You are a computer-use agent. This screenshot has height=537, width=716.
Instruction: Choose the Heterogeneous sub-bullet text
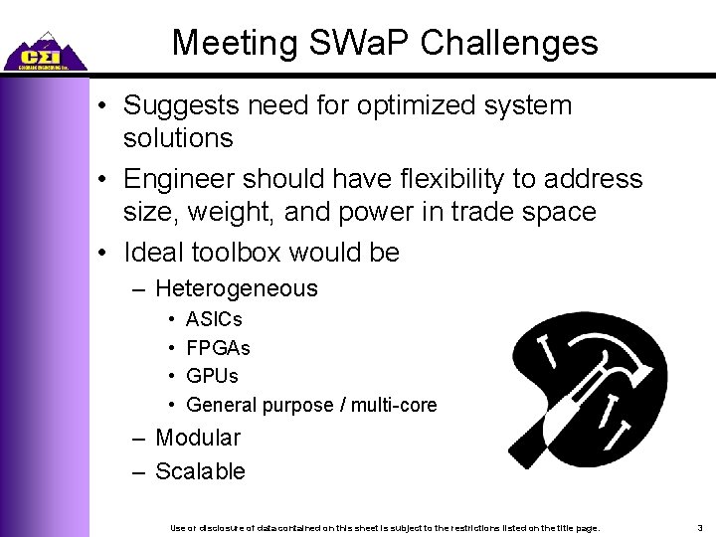click(x=237, y=289)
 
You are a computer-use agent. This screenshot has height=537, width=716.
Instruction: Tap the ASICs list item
click(x=214, y=320)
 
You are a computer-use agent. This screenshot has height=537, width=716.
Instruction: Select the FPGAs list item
click(x=218, y=348)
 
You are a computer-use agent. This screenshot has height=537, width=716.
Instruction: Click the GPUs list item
click(x=213, y=376)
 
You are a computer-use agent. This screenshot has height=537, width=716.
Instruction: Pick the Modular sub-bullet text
click(x=198, y=438)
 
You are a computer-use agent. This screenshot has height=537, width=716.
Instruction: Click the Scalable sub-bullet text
click(x=200, y=471)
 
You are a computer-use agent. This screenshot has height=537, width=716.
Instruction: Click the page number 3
click(x=700, y=527)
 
